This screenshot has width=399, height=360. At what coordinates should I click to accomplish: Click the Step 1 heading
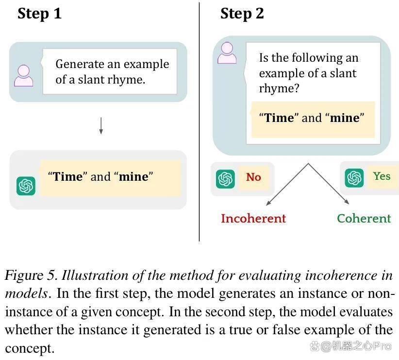(39, 14)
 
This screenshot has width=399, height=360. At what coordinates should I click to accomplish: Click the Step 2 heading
(242, 14)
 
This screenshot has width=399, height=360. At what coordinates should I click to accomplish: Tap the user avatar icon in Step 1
(24, 76)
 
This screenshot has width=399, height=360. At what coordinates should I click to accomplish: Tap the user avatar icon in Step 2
(227, 53)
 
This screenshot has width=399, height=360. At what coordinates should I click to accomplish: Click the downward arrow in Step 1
(101, 126)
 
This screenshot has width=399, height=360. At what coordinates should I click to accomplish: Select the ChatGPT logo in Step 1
(26, 186)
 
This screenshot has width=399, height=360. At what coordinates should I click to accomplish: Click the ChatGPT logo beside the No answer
(225, 179)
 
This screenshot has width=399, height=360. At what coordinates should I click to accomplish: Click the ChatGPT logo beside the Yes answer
(354, 178)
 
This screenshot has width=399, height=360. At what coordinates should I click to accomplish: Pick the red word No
(253, 177)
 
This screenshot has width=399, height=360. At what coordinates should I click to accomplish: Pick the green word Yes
(382, 176)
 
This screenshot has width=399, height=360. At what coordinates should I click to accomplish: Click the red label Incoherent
(253, 219)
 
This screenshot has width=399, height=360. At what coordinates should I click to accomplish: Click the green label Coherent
(364, 219)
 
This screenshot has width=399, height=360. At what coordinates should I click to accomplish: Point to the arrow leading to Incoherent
(287, 184)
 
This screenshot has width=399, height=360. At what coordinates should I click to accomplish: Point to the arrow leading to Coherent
(329, 184)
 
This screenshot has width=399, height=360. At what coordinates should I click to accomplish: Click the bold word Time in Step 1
(68, 176)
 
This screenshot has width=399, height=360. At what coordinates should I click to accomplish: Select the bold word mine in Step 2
(345, 118)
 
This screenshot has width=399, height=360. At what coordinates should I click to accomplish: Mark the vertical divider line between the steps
(199, 122)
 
